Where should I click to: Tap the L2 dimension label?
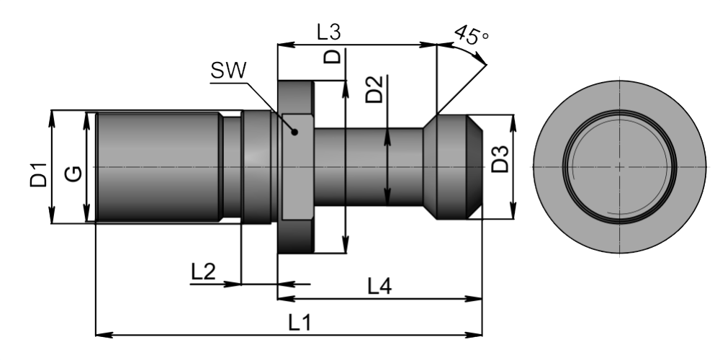click(x=203, y=271)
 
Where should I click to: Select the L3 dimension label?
click(x=328, y=32)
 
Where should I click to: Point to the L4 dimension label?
click(x=379, y=287)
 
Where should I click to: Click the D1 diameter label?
click(x=38, y=176)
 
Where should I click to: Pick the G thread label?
click(x=72, y=173)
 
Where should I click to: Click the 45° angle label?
click(x=472, y=34)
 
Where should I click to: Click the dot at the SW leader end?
click(x=294, y=132)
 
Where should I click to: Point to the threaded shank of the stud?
click(x=158, y=167)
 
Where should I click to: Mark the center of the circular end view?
click(x=619, y=166)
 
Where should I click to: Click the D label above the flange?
click(x=333, y=57)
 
